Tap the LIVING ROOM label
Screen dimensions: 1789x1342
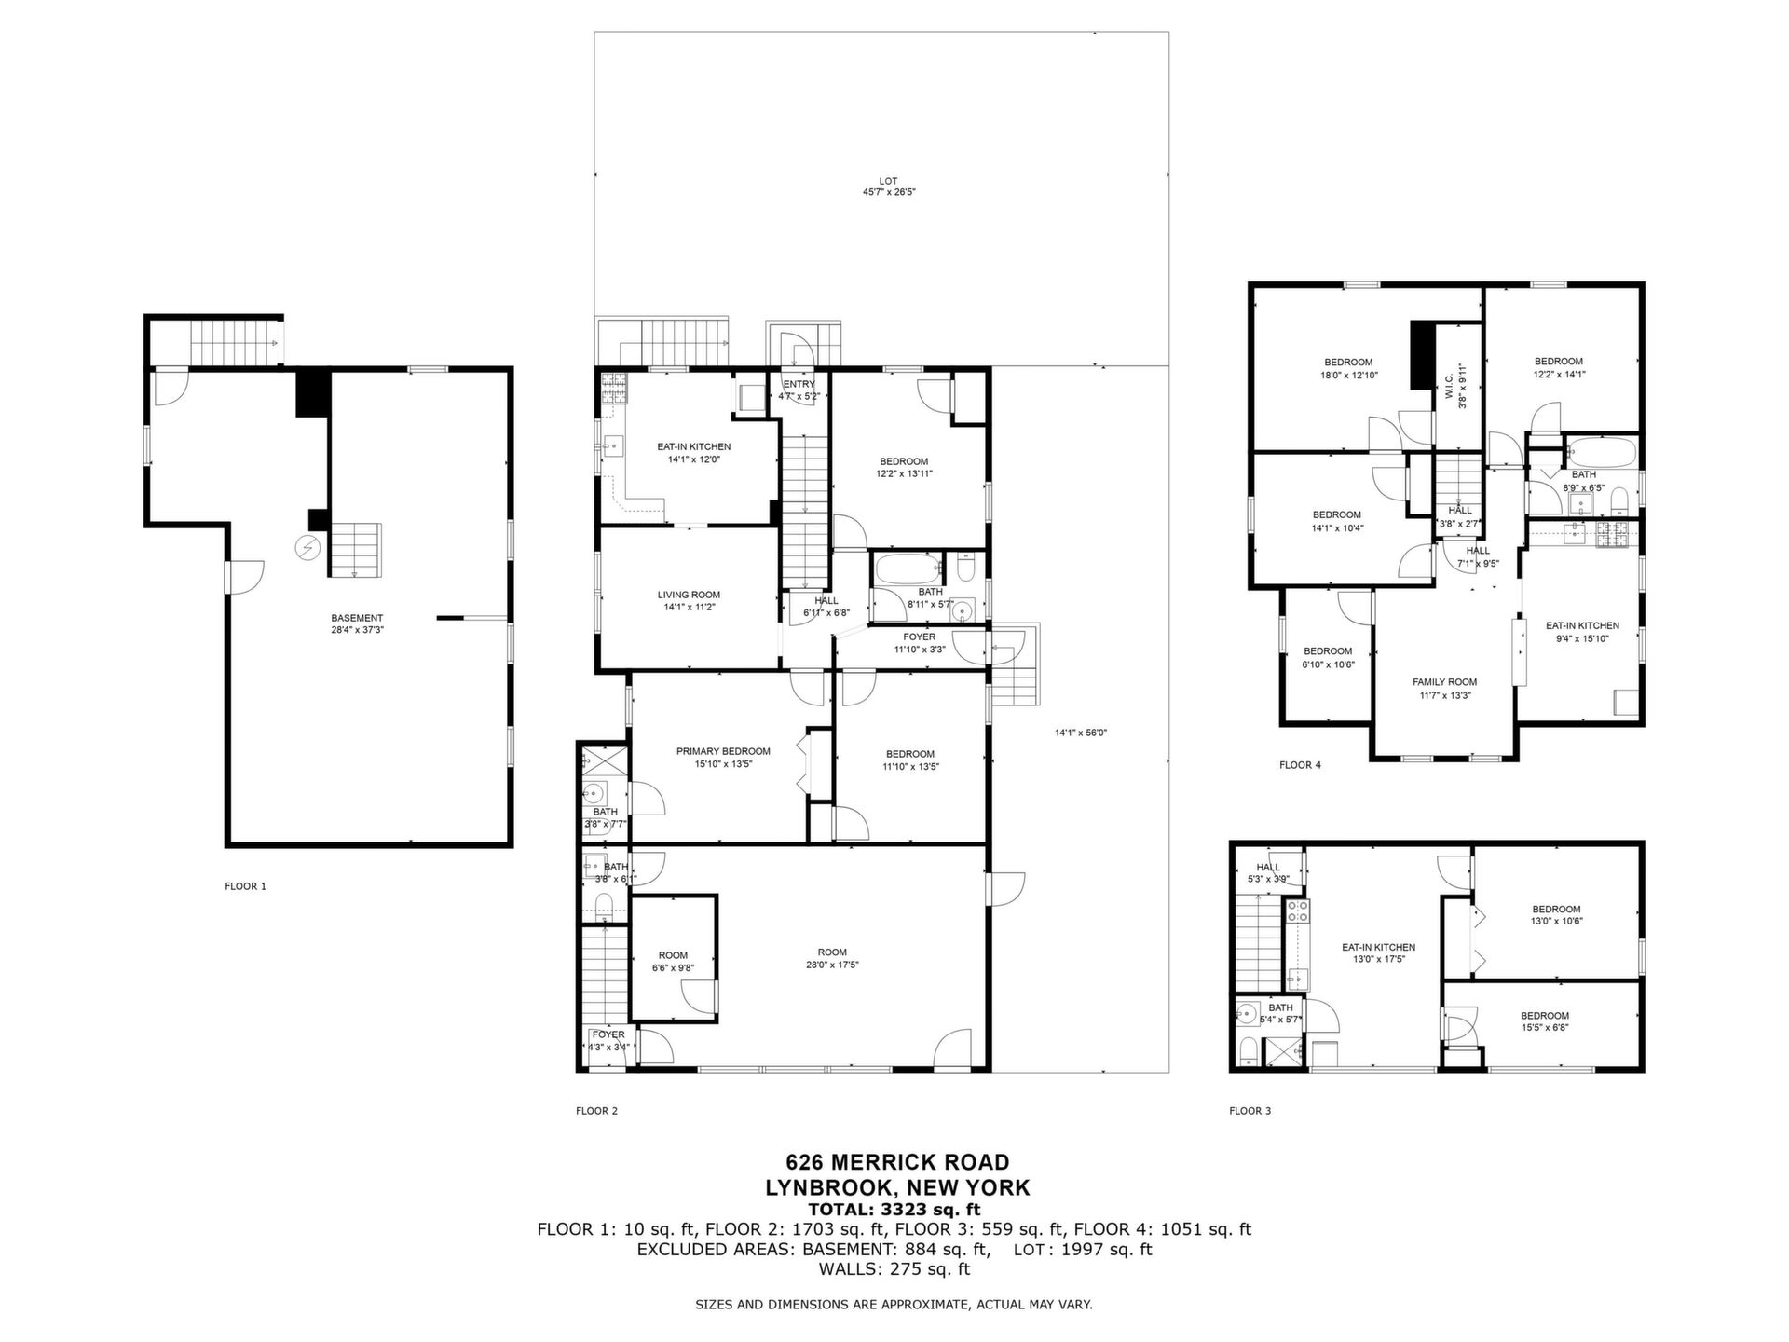point(689,601)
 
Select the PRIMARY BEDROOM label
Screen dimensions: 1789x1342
point(723,758)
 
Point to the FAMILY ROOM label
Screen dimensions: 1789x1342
point(1444,689)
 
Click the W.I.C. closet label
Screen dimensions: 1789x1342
point(1454,386)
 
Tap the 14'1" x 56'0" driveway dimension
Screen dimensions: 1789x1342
point(1081,733)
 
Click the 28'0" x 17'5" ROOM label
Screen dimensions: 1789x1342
point(832,959)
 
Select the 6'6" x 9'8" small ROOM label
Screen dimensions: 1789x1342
point(673,962)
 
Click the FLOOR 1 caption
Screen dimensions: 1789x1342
point(245,886)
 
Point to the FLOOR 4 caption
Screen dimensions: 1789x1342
point(1300,765)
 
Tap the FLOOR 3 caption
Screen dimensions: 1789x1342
point(1250,1111)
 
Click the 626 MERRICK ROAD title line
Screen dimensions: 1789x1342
point(897,1162)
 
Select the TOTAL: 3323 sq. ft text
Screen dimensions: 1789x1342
point(894,1210)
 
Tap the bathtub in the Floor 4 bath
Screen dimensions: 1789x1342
point(1601,454)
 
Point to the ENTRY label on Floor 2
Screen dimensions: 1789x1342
point(799,384)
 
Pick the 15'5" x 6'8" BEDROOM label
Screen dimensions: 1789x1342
point(1544,1021)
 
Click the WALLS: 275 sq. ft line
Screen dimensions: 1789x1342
point(894,1269)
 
